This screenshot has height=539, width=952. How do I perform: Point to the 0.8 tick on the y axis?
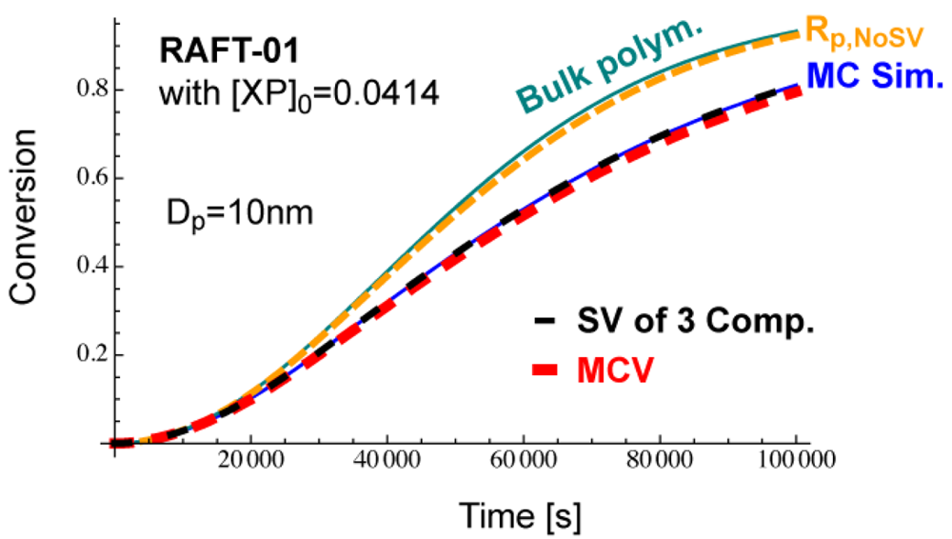coord(89,90)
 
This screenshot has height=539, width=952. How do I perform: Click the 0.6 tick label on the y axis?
coord(89,178)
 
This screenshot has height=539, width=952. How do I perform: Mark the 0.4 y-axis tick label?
coord(89,267)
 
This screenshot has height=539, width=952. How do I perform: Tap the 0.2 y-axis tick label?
coord(89,355)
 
